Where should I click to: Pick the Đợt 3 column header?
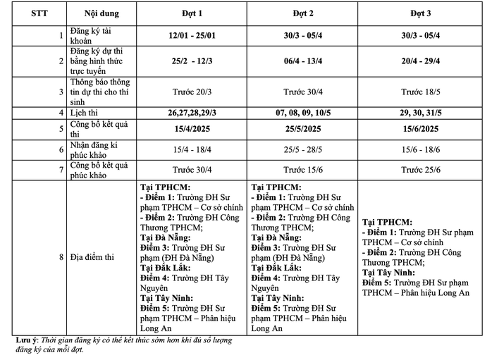(x=422, y=13)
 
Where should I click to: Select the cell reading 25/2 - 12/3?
(x=192, y=61)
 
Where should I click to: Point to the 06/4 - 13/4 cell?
(x=303, y=61)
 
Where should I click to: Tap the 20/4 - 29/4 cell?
(x=422, y=61)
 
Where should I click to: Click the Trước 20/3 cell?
(x=192, y=92)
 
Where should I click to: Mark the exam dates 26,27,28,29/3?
(x=192, y=113)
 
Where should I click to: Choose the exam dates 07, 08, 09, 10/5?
(x=303, y=113)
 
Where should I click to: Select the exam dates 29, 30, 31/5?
(x=422, y=113)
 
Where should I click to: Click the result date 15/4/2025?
(x=192, y=128)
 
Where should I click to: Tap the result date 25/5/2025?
(x=303, y=128)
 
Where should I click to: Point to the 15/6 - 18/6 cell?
(x=422, y=149)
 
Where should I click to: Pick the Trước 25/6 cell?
(x=422, y=170)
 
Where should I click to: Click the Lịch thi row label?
(x=80, y=113)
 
